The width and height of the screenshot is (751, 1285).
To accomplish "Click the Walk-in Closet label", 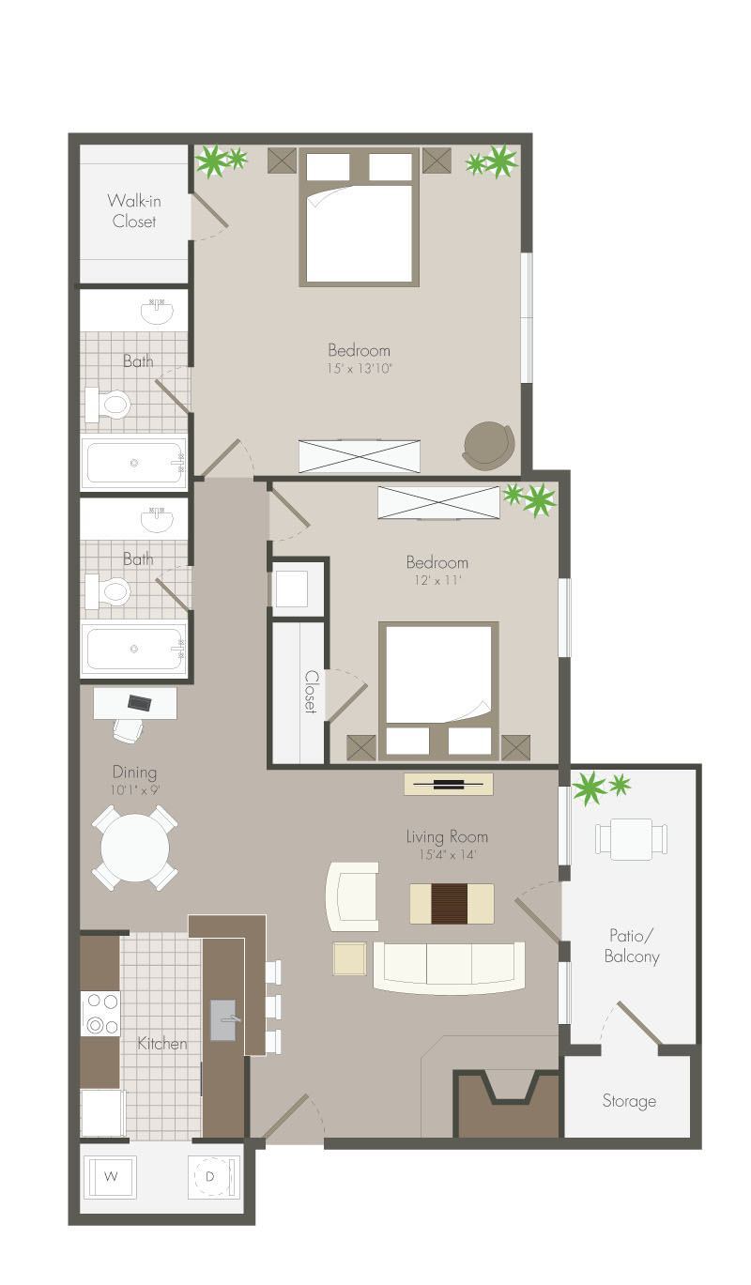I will (x=133, y=211).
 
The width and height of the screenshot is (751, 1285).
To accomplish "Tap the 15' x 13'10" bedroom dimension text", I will (x=359, y=369).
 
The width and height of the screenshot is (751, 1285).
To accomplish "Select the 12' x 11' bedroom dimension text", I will (x=437, y=580).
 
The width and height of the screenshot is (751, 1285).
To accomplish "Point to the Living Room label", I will (x=447, y=836).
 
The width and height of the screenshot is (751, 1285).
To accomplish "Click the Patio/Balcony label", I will (x=634, y=946).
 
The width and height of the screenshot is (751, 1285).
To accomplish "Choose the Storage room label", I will (x=629, y=1101).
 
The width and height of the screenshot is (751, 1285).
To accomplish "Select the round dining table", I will (x=135, y=848).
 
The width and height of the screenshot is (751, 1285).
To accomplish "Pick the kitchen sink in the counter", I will (x=223, y=1020).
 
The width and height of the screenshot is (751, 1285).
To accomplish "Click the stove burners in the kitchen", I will (x=100, y=1013).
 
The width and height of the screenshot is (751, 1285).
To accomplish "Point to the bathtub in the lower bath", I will (x=133, y=647).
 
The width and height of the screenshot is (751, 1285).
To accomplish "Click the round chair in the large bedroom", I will (x=489, y=446).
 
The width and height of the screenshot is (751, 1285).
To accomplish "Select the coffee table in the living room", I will (x=452, y=903).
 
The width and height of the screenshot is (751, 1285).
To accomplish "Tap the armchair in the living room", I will (x=353, y=896).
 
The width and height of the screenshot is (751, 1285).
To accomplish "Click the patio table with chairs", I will (x=631, y=838).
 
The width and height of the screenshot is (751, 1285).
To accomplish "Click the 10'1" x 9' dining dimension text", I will (x=135, y=790).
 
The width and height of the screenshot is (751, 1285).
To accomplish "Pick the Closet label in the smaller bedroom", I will (x=311, y=692).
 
